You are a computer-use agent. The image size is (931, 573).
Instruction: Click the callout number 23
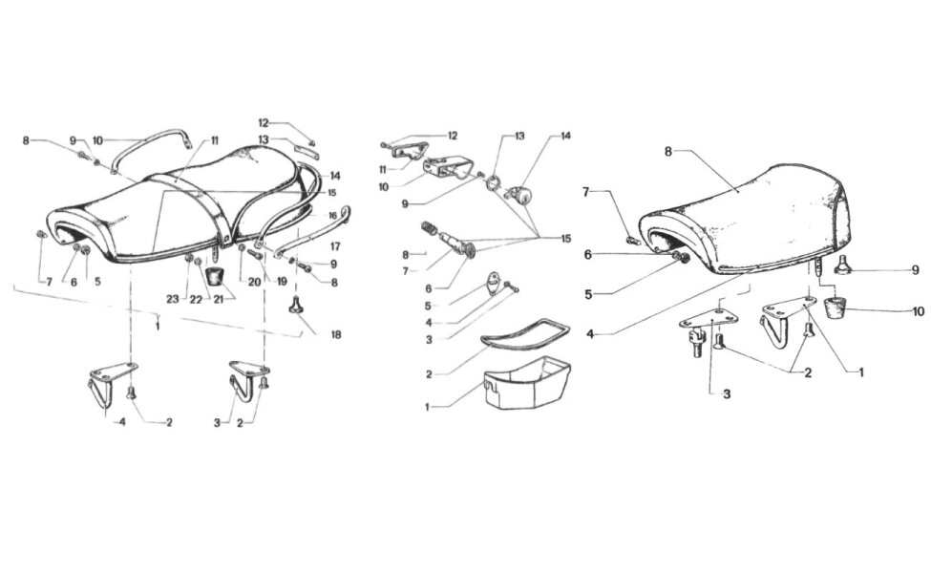pos(172,299)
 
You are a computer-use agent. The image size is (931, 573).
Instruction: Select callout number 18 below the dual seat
pos(336,335)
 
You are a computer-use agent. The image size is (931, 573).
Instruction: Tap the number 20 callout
pos(254,282)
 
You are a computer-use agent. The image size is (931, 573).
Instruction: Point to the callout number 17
pos(335,245)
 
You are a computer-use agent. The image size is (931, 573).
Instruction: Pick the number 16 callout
pos(332,216)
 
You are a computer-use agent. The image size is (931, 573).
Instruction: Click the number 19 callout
pos(281,282)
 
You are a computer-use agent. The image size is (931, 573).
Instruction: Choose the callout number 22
pos(196,299)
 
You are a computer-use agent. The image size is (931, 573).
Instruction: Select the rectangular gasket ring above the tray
pos(525,334)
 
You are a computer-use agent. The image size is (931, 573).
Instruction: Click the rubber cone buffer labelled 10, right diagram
pos(835,307)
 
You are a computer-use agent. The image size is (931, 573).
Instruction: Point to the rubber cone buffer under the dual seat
pos(215,277)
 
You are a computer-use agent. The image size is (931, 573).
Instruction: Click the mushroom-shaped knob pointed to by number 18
pos(296,307)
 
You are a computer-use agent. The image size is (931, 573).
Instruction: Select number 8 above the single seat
pos(668,152)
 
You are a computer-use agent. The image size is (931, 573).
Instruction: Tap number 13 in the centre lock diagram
pos(519,136)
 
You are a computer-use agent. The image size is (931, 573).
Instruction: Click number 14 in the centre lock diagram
pos(565,136)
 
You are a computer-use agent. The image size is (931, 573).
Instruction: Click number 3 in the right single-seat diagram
pos(727,393)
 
